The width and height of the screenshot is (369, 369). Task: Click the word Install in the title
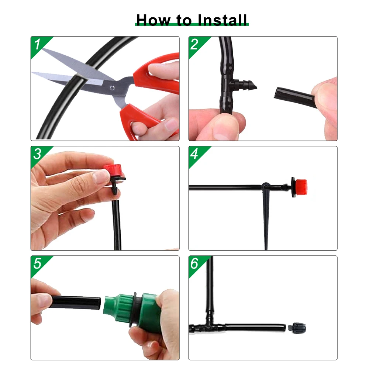[223, 20]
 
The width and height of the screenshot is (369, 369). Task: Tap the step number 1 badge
[38, 45]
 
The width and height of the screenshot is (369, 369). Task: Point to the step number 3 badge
[38, 154]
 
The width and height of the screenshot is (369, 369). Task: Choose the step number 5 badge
[38, 263]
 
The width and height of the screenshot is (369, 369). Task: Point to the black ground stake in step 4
[266, 218]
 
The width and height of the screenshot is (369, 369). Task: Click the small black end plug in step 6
[297, 327]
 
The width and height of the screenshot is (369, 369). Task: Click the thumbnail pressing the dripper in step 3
[99, 177]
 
